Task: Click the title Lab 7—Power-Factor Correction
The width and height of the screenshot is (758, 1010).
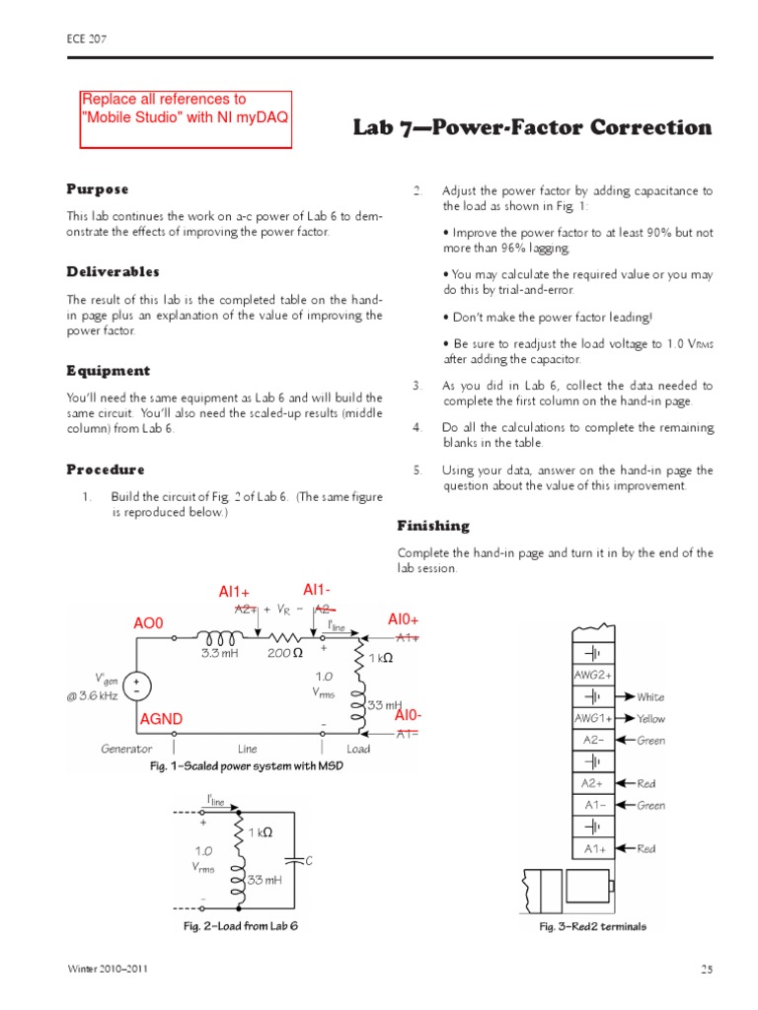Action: coord(532,127)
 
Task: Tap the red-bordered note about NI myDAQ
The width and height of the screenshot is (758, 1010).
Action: coord(186,118)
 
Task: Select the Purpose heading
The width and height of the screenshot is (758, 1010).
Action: coord(98,188)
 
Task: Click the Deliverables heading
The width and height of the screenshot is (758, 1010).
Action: coord(113,271)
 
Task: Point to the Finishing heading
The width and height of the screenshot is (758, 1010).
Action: coord(433,526)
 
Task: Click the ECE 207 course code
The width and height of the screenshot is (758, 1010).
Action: coord(86,39)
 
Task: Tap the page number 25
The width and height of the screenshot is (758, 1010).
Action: coord(706,970)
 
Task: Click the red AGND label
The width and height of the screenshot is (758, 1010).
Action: coord(163,721)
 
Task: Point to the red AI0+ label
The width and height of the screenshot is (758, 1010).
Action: coord(404,619)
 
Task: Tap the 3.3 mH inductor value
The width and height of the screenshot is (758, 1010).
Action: coord(218,654)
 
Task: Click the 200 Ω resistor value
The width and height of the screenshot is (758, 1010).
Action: coord(283,654)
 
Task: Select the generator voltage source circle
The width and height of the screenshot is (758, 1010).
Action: coord(135,686)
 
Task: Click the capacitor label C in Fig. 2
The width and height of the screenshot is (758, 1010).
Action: coord(308,861)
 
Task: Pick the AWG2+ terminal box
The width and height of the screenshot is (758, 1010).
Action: coord(593,675)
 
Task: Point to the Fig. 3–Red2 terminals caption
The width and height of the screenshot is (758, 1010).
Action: coord(592,927)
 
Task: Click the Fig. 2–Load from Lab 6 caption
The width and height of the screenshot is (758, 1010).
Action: coord(240,927)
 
